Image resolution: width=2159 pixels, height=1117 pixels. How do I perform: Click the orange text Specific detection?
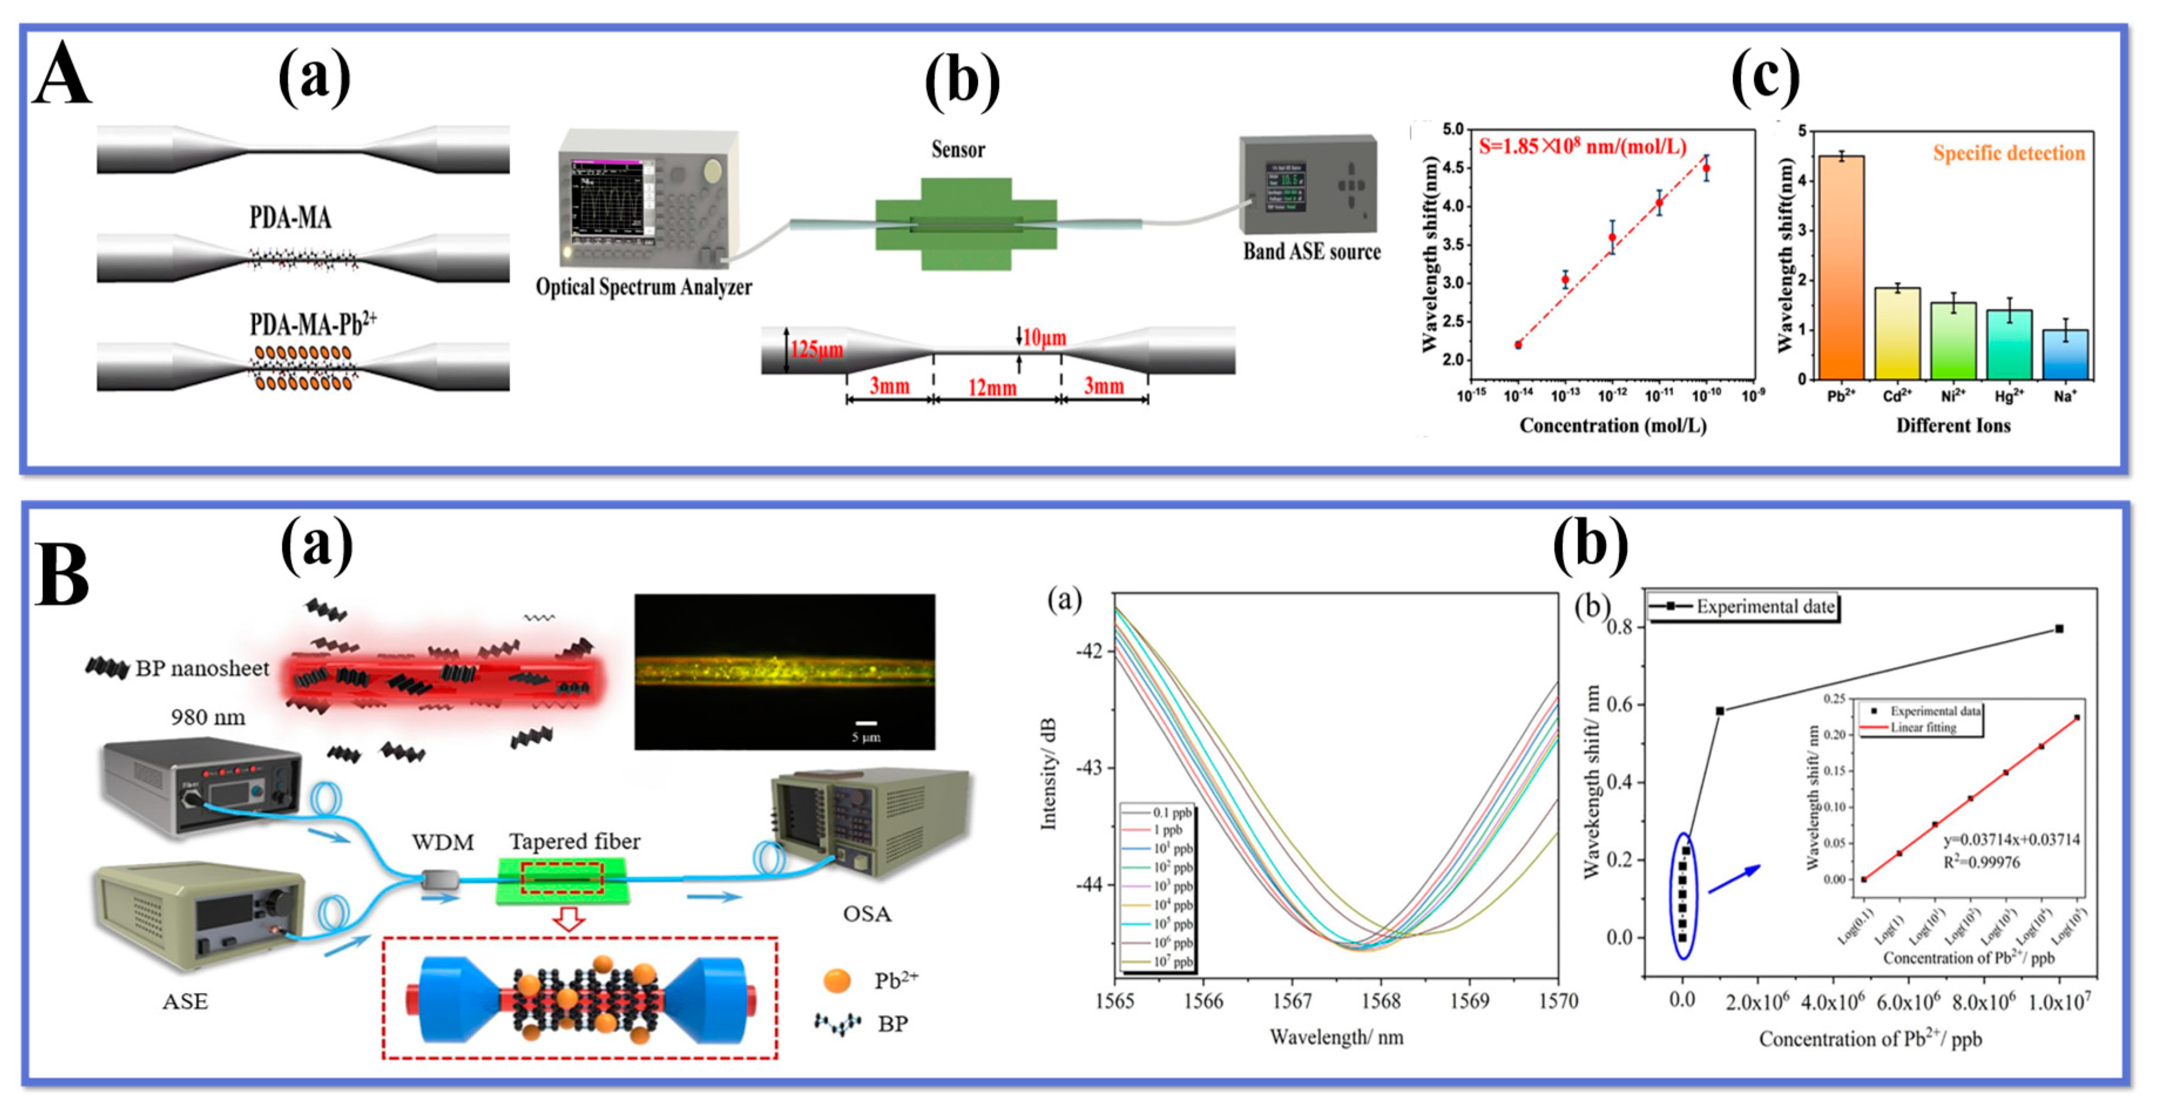[2008, 153]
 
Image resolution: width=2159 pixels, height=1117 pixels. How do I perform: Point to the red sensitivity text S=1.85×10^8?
[1582, 147]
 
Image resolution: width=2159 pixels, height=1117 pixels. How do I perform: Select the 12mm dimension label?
[992, 388]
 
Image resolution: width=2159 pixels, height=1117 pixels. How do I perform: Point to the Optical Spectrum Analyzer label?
[644, 287]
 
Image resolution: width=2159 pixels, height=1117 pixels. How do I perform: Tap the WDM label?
[442, 842]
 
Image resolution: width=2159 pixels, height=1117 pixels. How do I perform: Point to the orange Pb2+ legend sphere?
[836, 980]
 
